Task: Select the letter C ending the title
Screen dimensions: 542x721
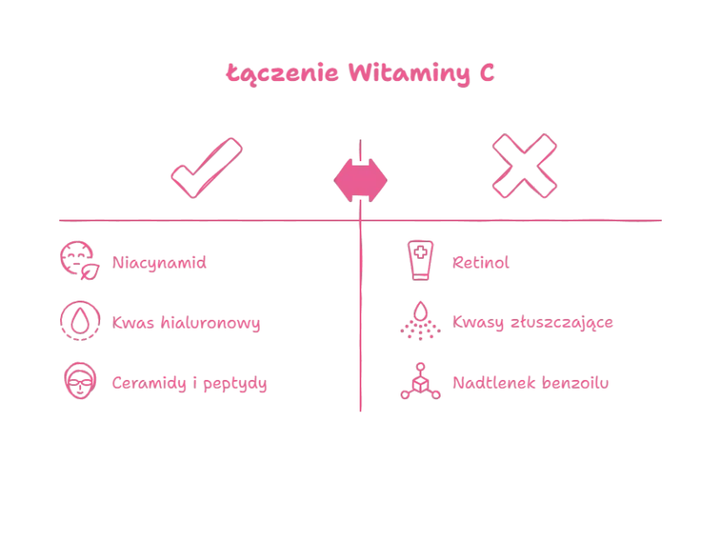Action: click(488, 73)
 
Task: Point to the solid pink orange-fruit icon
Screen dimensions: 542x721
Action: click(361, 179)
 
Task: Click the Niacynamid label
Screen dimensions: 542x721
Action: click(159, 261)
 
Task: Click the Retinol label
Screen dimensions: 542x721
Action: click(481, 261)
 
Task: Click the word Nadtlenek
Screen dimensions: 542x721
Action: click(489, 383)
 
